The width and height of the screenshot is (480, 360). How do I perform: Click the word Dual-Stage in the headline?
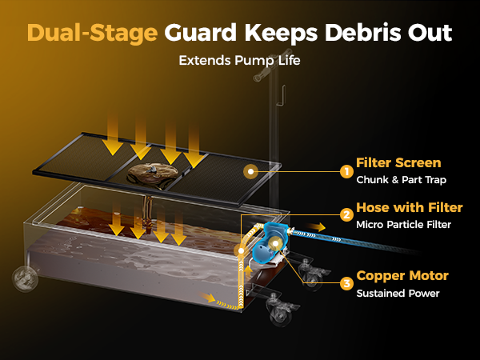[93, 33]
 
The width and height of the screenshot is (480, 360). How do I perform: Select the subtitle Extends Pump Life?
[239, 60]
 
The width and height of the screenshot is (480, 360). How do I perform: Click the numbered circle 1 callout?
[346, 171]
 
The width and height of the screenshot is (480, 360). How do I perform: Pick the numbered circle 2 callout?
[346, 215]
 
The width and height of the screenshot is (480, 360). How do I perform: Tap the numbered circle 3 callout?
[346, 283]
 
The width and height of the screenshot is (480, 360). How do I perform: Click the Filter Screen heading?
[398, 162]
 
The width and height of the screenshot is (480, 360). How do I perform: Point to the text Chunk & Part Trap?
[401, 180]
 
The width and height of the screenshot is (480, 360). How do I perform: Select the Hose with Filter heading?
[410, 207]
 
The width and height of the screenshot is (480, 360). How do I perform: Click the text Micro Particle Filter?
[403, 225]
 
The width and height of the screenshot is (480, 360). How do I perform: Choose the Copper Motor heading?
[402, 276]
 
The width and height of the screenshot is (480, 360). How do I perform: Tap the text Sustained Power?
[398, 294]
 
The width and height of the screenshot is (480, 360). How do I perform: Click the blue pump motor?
[270, 242]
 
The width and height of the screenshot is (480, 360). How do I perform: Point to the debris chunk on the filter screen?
[153, 173]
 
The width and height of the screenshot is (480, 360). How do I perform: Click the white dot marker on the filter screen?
[250, 172]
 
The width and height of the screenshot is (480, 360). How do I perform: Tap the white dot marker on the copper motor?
[275, 243]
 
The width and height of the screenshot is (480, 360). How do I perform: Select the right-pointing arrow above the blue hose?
[317, 227]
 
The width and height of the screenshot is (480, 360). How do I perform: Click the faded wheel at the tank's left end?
[25, 278]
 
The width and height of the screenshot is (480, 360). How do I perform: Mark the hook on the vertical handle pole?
[282, 95]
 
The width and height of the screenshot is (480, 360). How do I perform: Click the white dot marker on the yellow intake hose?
[242, 251]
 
